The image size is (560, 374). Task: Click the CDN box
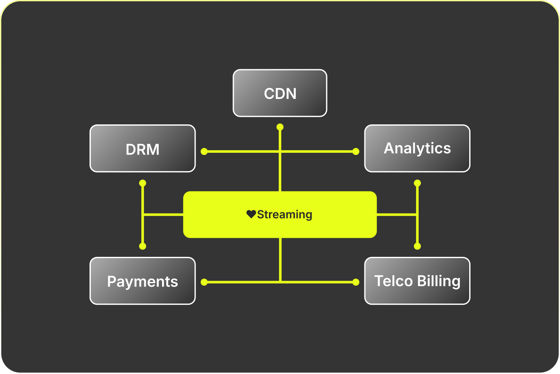(x=280, y=93)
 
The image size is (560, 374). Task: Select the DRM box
(x=143, y=148)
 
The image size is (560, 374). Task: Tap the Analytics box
(x=417, y=148)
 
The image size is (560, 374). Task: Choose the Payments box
(x=143, y=281)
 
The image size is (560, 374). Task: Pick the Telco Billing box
(x=417, y=281)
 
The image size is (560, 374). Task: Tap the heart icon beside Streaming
(x=251, y=214)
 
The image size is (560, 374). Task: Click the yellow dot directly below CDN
(x=280, y=127)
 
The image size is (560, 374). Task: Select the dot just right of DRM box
(x=204, y=151)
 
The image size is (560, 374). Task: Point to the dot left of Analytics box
(x=356, y=151)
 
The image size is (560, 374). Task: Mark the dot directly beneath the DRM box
(x=143, y=183)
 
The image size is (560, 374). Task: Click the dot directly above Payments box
(x=143, y=246)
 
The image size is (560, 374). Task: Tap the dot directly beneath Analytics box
(x=417, y=183)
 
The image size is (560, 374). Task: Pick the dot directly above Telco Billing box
(x=417, y=246)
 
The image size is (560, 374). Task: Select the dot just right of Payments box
(x=204, y=281)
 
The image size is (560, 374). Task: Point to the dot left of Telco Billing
(x=356, y=281)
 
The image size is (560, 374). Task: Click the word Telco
(x=393, y=281)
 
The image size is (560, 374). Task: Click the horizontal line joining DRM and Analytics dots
(x=242, y=151)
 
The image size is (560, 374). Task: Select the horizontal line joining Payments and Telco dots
(x=242, y=281)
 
